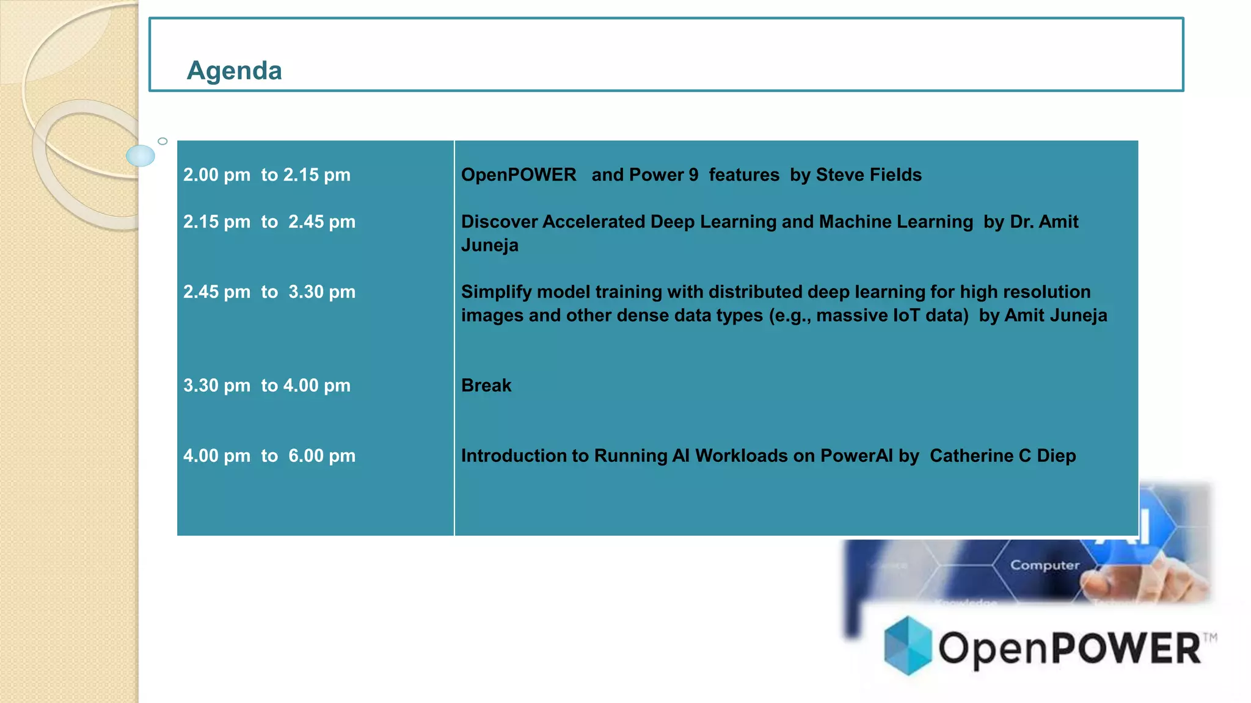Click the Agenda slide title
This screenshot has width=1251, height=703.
tap(234, 71)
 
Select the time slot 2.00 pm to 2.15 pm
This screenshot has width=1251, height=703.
tap(267, 175)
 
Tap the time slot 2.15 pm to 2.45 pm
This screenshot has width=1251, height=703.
tap(269, 222)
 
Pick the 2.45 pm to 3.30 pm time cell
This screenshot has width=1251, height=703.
tap(269, 292)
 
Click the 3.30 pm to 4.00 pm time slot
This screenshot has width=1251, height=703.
tap(267, 386)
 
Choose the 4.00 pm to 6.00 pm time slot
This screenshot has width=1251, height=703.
tap(269, 456)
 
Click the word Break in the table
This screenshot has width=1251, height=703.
tap(486, 386)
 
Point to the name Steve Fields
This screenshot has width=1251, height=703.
tap(869, 175)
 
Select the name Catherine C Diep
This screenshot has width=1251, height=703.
tap(1002, 456)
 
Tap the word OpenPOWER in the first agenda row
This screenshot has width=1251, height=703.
tap(519, 175)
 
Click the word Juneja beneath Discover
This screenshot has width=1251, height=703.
tap(490, 245)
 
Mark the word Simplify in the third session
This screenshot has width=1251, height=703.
tap(496, 292)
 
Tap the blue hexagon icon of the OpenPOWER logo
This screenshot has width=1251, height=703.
tap(908, 646)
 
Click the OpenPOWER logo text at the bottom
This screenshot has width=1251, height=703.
tap(1069, 648)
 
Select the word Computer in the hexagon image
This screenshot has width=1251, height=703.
tap(1045, 565)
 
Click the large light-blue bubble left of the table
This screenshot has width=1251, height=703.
tap(140, 156)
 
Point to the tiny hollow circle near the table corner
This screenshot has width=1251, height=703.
tap(162, 142)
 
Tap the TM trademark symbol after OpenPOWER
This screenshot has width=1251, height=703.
tap(1209, 638)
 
